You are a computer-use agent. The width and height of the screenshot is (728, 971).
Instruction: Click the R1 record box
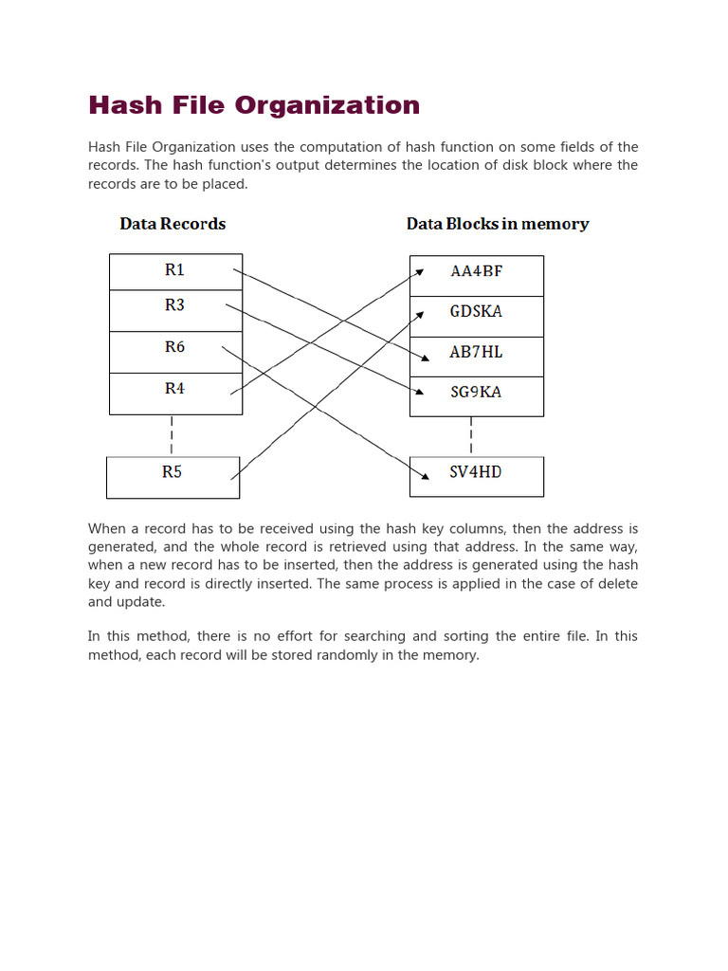click(175, 271)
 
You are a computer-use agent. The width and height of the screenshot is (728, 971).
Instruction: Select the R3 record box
click(175, 310)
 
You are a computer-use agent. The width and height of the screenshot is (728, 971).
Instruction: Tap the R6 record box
click(175, 352)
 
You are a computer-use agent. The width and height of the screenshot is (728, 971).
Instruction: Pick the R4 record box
click(175, 394)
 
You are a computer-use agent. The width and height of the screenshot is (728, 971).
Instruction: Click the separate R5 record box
click(173, 477)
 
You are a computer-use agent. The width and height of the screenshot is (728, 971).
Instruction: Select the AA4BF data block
click(476, 276)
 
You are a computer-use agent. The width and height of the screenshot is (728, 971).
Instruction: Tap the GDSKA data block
click(476, 316)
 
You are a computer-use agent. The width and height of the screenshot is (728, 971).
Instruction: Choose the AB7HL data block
click(476, 357)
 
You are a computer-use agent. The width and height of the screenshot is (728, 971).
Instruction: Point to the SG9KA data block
click(476, 396)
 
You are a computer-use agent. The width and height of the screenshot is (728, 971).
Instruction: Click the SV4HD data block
click(476, 476)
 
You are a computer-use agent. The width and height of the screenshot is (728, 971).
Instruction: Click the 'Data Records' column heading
click(173, 224)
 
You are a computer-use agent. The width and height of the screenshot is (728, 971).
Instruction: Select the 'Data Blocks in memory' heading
click(498, 224)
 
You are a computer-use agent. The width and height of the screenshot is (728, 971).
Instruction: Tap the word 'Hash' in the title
click(121, 105)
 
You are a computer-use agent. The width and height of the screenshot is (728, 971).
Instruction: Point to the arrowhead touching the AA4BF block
click(419, 271)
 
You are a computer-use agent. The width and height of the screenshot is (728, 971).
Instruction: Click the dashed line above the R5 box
click(172, 435)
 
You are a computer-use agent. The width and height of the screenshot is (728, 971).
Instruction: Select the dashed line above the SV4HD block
click(471, 436)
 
